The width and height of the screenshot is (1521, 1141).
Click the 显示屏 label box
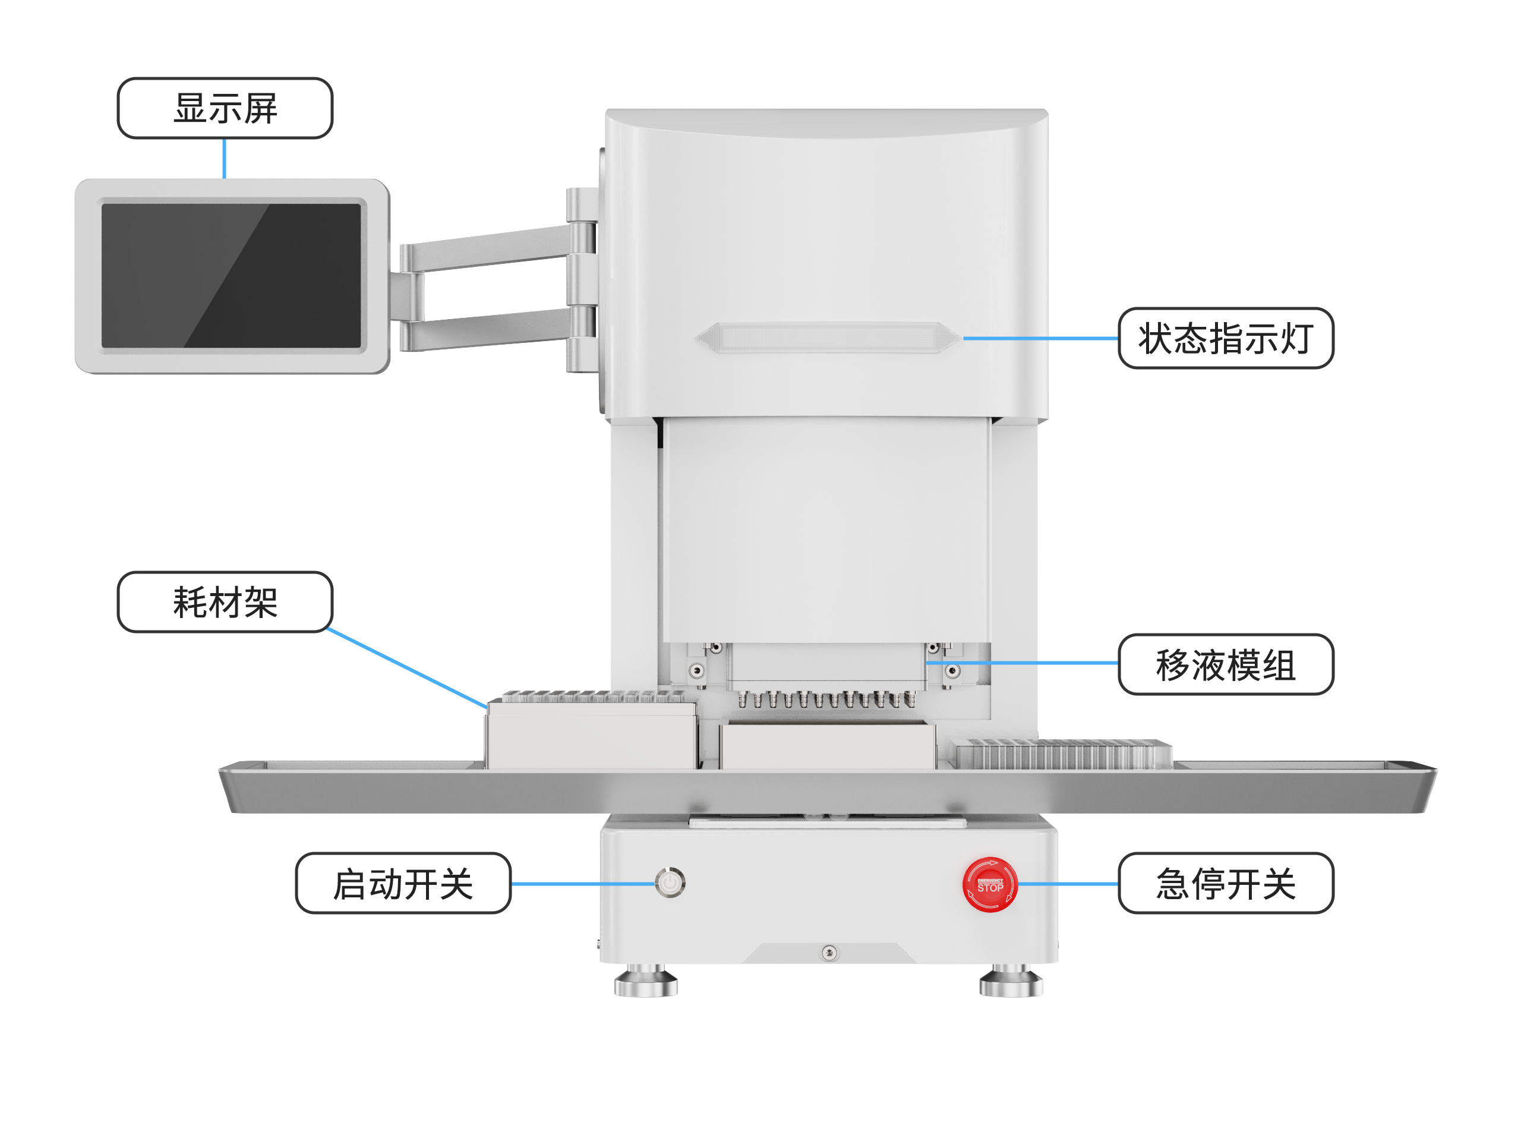pyautogui.click(x=225, y=108)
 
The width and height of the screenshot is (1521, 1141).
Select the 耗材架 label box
pyautogui.click(x=225, y=602)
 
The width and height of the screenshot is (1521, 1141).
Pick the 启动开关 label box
pyautogui.click(x=403, y=883)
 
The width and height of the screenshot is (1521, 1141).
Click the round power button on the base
pyautogui.click(x=670, y=882)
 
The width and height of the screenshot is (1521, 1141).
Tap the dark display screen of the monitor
pyautogui.click(x=231, y=275)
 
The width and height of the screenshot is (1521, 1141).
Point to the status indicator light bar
pyautogui.click(x=827, y=337)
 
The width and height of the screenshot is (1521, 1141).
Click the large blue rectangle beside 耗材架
pyautogui.click(x=385, y=660)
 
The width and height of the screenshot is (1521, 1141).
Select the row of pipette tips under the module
pyautogui.click(x=826, y=699)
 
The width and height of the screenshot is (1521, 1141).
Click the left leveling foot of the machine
pyautogui.click(x=645, y=982)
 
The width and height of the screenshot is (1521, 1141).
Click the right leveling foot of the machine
pyautogui.click(x=1010, y=982)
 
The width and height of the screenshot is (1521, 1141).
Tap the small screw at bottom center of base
pyautogui.click(x=829, y=953)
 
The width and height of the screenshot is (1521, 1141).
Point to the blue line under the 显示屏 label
pyautogui.click(x=224, y=158)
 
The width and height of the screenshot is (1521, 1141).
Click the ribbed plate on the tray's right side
pyautogui.click(x=1063, y=755)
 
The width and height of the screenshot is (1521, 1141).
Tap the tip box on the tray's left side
pyautogui.click(x=591, y=733)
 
